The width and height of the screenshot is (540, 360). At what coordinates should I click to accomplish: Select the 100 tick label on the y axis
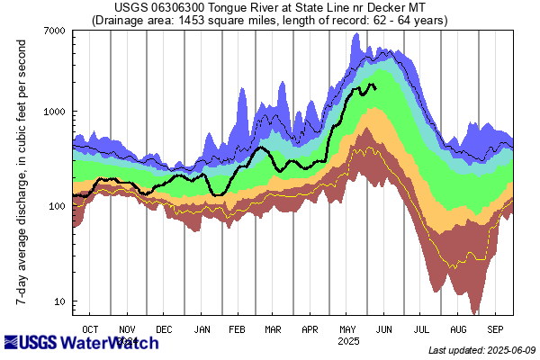57,206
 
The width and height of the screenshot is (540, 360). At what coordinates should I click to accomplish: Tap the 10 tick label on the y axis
59,301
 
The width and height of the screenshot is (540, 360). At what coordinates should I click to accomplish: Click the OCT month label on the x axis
90,329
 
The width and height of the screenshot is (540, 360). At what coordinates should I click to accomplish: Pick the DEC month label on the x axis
166,329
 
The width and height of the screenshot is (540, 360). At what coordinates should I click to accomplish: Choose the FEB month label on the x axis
238,329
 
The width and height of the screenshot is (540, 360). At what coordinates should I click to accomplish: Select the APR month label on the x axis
310,329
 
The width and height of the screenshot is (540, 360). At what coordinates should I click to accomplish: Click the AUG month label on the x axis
458,329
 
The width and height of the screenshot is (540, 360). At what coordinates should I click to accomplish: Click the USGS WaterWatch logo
82,343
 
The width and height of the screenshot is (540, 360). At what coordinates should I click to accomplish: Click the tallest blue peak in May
357,35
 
